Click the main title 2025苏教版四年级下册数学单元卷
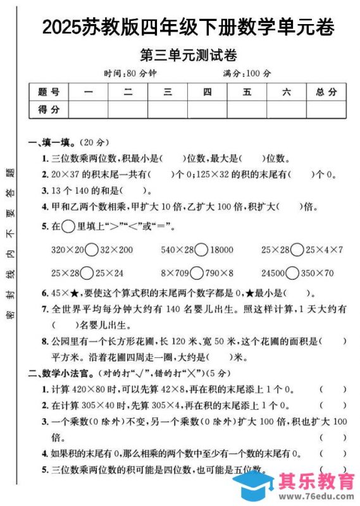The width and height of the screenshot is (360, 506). (188, 27)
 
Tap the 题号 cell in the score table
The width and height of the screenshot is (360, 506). (49, 92)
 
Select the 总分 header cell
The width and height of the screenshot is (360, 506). (326, 92)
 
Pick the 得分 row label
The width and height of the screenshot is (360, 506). (49, 109)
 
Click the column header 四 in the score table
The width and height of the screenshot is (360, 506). (208, 92)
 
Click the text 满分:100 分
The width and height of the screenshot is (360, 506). (247, 73)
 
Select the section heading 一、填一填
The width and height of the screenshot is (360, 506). (53, 142)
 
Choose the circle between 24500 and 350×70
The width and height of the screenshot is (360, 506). (292, 273)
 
